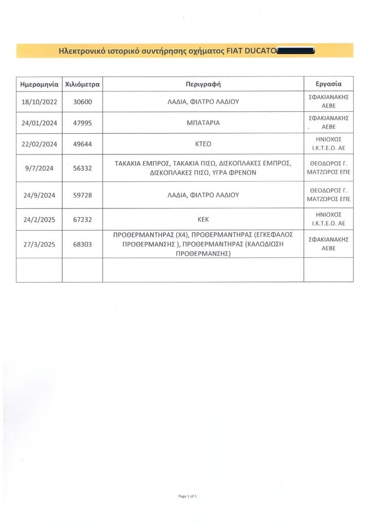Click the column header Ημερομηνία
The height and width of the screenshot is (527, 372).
(x=39, y=84)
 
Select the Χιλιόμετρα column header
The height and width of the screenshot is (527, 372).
(x=82, y=84)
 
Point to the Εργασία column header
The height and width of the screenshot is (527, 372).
(x=328, y=84)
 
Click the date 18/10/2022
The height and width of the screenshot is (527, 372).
(x=39, y=102)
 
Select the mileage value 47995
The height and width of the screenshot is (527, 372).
(x=82, y=123)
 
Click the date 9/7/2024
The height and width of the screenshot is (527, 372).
(x=39, y=168)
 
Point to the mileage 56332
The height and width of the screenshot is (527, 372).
(x=82, y=168)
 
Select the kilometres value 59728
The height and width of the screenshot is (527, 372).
(x=82, y=196)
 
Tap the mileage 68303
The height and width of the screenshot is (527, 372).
(x=82, y=244)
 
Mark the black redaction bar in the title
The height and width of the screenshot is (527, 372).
(x=295, y=51)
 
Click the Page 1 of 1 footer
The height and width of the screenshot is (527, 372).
(x=187, y=496)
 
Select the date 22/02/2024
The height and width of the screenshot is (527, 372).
(x=39, y=144)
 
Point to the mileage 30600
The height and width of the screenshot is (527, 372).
(x=82, y=102)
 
